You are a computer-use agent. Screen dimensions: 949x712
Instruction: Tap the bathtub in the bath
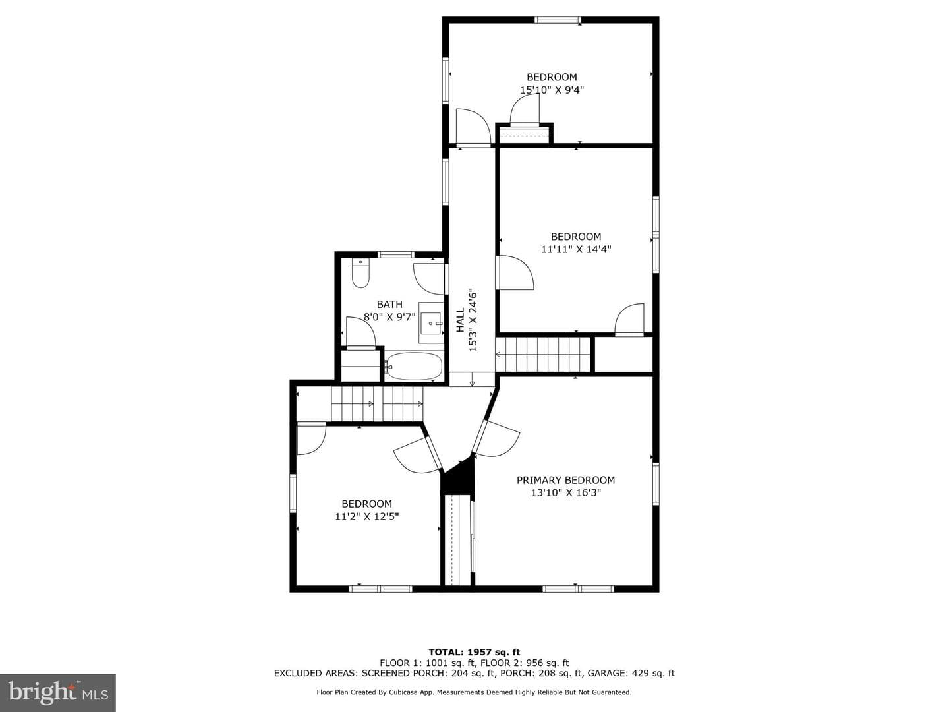coord(413,366)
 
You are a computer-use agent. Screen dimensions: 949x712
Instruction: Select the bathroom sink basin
coord(431,322)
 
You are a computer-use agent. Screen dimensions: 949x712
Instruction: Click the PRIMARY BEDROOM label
coord(565,480)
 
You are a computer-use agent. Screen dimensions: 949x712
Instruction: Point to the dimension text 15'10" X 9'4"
coord(552,90)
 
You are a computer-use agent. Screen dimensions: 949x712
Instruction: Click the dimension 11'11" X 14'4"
coord(576,249)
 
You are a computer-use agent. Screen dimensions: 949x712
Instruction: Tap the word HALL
coord(461,320)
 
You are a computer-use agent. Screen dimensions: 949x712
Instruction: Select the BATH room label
coord(389,305)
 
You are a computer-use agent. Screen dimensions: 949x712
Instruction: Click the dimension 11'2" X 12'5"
coord(366,516)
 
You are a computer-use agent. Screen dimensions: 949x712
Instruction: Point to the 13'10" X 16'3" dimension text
coord(566,492)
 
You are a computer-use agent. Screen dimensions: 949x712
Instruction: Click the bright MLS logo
coord(58,692)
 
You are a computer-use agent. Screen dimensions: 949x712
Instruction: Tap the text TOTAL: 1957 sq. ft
coord(474,652)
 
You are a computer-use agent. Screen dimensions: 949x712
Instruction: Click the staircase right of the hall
coord(542,355)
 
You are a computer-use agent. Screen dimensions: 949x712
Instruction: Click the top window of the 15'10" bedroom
coord(558,20)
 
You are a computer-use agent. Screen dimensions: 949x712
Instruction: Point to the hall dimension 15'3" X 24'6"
coord(473,320)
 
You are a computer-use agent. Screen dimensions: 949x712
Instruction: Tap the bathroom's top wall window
coord(396,254)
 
